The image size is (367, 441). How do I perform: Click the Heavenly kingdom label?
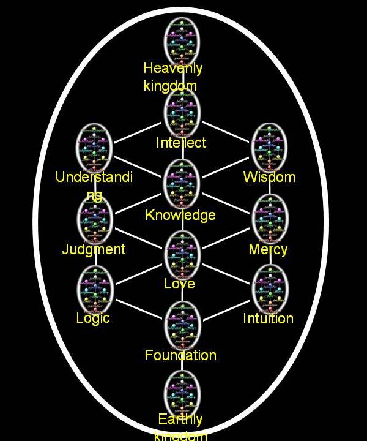point(172,77)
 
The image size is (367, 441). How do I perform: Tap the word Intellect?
point(181,143)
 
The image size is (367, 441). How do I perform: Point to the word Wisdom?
point(269,177)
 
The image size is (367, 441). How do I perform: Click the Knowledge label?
point(180,215)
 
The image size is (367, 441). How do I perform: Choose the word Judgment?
point(94,249)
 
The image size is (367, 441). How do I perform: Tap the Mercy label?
point(268,249)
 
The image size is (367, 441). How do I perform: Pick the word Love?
point(179,284)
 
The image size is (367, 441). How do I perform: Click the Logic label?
point(93,318)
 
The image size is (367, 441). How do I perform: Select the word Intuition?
point(268,318)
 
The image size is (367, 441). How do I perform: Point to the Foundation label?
point(180,355)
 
